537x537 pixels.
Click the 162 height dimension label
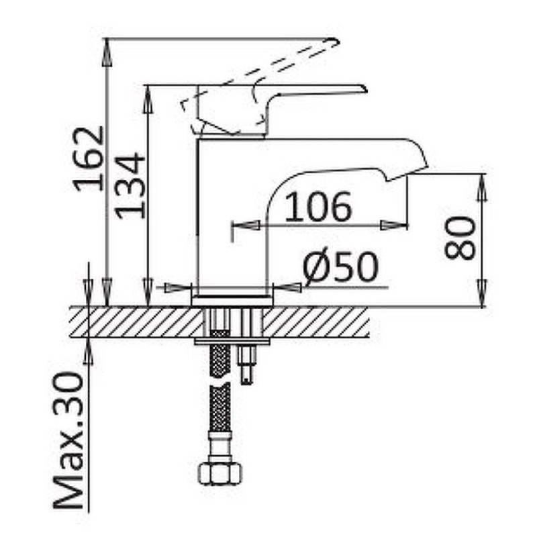89,158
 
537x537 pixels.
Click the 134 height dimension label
130,186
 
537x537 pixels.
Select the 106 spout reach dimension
318,207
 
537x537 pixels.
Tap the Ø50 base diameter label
341,266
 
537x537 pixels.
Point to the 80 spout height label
460,238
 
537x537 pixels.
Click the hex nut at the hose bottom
220,474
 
